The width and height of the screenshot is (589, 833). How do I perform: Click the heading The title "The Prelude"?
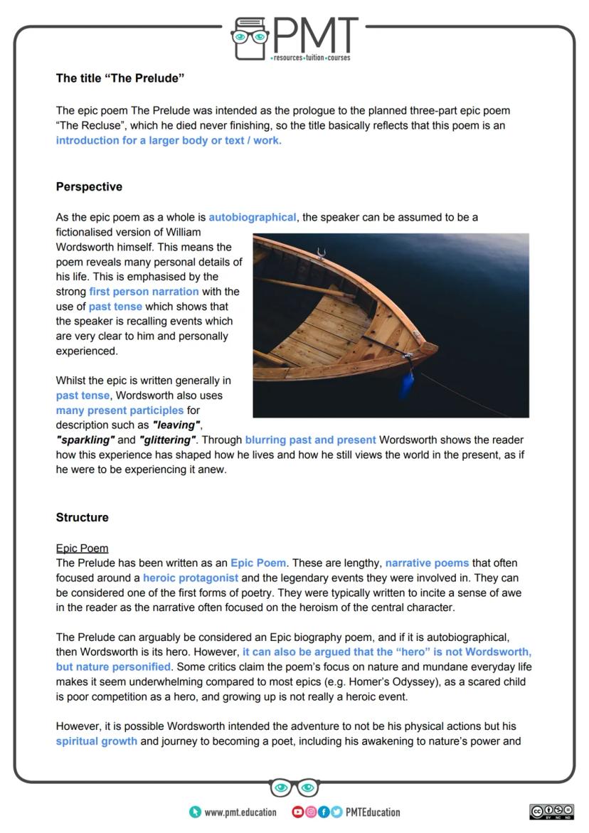120,78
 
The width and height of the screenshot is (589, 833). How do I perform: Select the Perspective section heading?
89,187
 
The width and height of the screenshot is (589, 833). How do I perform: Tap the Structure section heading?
83,518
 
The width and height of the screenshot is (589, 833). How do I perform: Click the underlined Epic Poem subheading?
82,548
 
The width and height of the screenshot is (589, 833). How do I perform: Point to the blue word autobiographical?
252,217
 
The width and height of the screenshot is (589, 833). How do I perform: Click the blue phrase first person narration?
144,292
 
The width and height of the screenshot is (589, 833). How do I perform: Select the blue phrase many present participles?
120,410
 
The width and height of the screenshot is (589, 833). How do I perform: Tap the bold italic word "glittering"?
168,440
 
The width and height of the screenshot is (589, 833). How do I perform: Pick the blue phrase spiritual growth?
97,741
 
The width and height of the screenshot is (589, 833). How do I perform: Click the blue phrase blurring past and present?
310,440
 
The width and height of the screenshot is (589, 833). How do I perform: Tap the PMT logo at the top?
294,39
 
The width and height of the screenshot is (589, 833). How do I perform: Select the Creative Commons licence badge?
551,812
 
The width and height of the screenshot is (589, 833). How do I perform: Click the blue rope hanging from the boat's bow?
408,383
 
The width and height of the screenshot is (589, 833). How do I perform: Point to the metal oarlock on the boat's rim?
321,253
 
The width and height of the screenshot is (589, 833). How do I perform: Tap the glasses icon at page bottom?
294,787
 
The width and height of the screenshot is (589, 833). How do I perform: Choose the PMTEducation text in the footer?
373,812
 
